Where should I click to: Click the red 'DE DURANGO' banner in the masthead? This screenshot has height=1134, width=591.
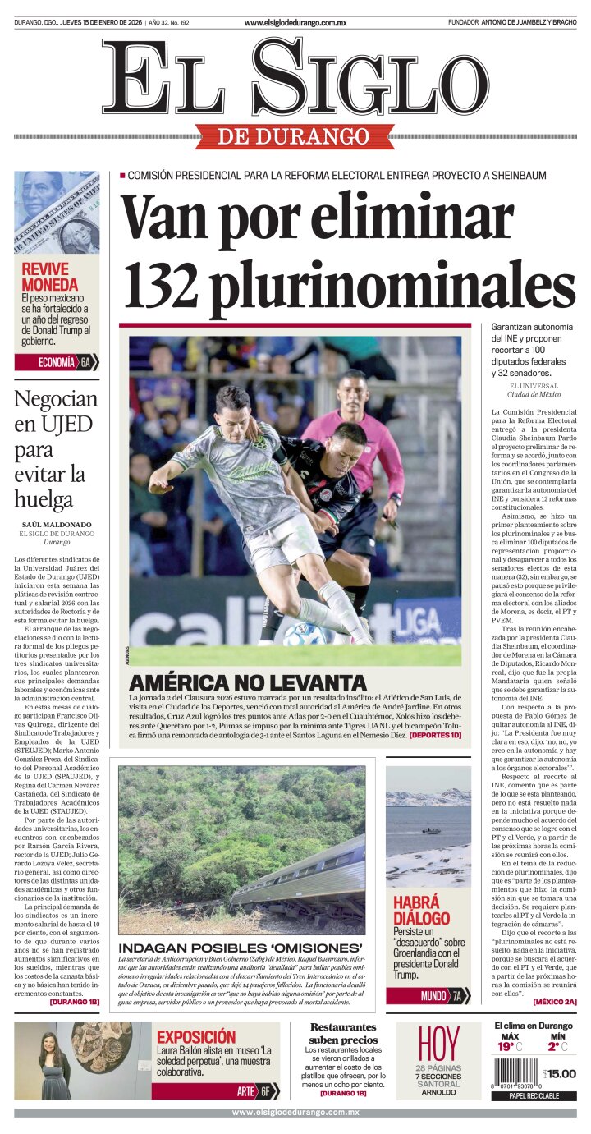coord(295,136)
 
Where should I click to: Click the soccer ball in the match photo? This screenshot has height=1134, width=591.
coord(305,634)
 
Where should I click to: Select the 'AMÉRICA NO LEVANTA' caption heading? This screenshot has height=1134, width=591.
coord(248,682)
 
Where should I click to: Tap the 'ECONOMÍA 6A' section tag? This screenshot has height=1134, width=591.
coord(57,362)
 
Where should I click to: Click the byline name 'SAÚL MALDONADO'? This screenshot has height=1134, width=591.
coord(57,524)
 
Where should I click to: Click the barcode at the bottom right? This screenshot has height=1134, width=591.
coord(516,1074)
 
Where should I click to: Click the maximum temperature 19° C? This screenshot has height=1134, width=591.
coord(507,1046)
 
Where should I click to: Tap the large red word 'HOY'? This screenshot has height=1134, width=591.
coord(438,1044)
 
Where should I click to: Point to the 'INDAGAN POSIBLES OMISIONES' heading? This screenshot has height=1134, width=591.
coord(241,948)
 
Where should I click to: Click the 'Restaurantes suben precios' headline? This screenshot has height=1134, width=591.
coord(343,1033)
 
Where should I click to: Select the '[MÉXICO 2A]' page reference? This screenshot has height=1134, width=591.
coord(555,1002)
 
